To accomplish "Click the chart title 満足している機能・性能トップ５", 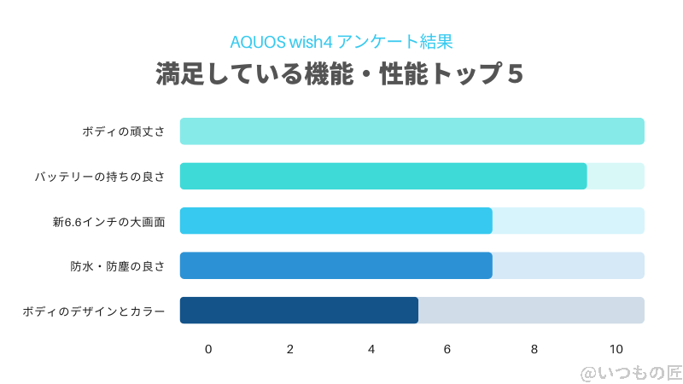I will click(x=340, y=74).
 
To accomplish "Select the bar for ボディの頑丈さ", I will click(x=412, y=131).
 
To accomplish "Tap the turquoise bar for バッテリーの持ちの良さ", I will click(x=383, y=176).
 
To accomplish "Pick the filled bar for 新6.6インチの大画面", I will click(x=336, y=220).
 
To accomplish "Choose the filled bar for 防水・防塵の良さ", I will click(x=336, y=265).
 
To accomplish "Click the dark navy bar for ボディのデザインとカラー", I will click(x=299, y=310).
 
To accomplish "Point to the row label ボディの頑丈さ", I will click(x=124, y=132).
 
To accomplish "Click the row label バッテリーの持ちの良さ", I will click(x=100, y=177).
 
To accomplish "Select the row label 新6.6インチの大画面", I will click(x=108, y=222).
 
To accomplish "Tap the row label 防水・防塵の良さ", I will click(x=118, y=266).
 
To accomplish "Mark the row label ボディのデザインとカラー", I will click(x=94, y=311).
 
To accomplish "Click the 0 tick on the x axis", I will click(x=208, y=349).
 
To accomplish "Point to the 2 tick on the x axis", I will click(x=290, y=349).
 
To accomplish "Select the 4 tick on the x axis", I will click(x=371, y=349).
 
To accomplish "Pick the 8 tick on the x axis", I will click(x=534, y=349).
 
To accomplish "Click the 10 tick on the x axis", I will click(x=616, y=349).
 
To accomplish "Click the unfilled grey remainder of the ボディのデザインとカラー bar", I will click(x=531, y=310).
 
